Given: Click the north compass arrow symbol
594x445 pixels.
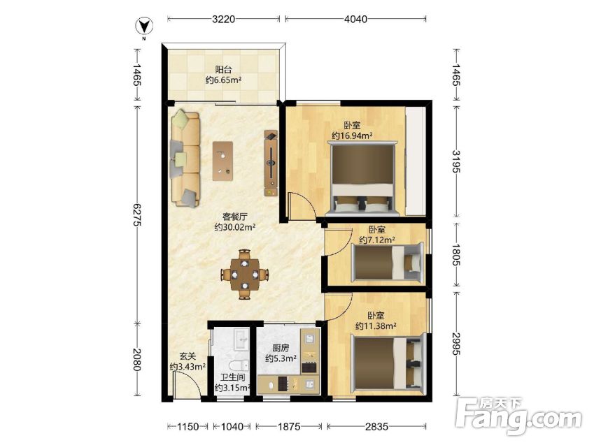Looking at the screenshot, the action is click(144, 27).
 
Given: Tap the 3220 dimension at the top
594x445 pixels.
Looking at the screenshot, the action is click(223, 19).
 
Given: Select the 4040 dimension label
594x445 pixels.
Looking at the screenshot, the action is click(355, 19).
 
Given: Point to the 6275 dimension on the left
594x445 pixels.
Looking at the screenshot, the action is click(136, 215).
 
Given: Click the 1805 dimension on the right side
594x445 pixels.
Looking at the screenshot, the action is click(456, 255).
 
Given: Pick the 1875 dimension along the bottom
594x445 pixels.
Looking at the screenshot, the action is click(289, 426).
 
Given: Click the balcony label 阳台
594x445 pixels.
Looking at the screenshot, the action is click(223, 70).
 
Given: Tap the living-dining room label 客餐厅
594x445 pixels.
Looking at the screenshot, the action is click(235, 217).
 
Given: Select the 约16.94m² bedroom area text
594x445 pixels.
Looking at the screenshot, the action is click(352, 136).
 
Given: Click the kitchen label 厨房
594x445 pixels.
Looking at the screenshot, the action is click(281, 348).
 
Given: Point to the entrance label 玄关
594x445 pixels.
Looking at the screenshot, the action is click(188, 356).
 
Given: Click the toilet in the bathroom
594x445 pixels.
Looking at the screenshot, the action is click(239, 365).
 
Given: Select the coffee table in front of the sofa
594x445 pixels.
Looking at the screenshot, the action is click(222, 161).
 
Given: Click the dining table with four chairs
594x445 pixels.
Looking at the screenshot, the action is click(245, 274).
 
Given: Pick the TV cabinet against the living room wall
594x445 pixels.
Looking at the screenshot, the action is click(271, 163).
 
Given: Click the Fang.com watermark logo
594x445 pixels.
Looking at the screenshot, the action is click(519, 416).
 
